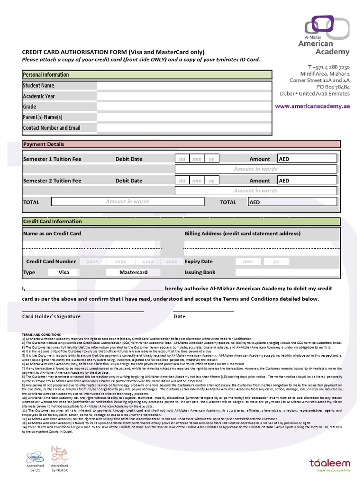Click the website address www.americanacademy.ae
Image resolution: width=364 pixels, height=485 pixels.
pos(312,106)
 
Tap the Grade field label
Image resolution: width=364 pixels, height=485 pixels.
pos(30,107)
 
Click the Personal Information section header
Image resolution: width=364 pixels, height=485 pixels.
pos(147,75)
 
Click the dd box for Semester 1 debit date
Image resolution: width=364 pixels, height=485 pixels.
pos(182,159)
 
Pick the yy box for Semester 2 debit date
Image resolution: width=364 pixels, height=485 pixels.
pos(211,181)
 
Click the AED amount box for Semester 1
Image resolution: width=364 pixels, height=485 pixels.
pos(307,159)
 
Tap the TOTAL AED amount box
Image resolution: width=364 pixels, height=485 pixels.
pos(292,202)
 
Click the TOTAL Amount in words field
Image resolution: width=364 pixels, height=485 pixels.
pos(127,202)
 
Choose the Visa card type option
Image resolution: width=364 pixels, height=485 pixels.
pos(64,272)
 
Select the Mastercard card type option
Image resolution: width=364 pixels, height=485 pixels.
pos(133,272)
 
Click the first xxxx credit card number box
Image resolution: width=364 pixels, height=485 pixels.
pos(92,261)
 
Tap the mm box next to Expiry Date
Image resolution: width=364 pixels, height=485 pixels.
pos(248,261)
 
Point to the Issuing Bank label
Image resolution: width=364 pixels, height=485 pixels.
pos(200,272)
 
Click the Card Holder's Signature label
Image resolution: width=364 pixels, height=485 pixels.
pos(52,316)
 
